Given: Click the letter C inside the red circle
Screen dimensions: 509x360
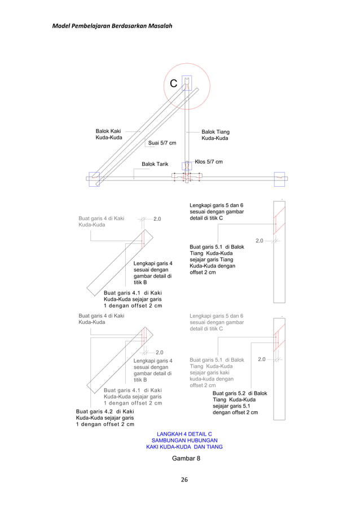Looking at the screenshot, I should click(x=174, y=84).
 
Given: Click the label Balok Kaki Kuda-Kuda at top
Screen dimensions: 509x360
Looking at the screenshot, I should click(x=108, y=134).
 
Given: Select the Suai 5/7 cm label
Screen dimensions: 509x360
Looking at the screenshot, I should click(x=162, y=143).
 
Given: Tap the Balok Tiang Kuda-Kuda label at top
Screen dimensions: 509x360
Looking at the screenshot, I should click(x=215, y=135).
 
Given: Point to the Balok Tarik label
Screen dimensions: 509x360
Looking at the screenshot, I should click(x=155, y=164).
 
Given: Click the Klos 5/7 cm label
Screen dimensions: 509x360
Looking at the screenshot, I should click(x=208, y=162).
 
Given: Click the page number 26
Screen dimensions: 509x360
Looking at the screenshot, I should click(x=184, y=480).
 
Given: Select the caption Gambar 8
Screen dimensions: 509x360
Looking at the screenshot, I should click(x=186, y=458).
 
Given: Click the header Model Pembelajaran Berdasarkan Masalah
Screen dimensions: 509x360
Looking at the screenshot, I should click(x=112, y=26).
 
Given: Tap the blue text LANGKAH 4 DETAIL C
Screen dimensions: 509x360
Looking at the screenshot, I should click(x=184, y=433).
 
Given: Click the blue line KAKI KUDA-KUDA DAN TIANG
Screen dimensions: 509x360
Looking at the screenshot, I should click(x=184, y=446).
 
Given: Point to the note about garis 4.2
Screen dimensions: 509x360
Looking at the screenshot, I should click(x=105, y=418).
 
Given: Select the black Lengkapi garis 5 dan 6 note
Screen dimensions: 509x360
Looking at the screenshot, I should click(x=217, y=212).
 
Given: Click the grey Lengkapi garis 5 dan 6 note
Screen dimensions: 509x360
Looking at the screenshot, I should click(x=217, y=322).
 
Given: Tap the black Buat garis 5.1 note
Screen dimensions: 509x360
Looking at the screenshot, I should click(x=217, y=260).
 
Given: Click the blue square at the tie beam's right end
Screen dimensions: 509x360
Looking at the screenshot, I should click(x=279, y=178).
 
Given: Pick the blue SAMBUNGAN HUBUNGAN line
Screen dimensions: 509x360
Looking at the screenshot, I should click(x=184, y=440).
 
